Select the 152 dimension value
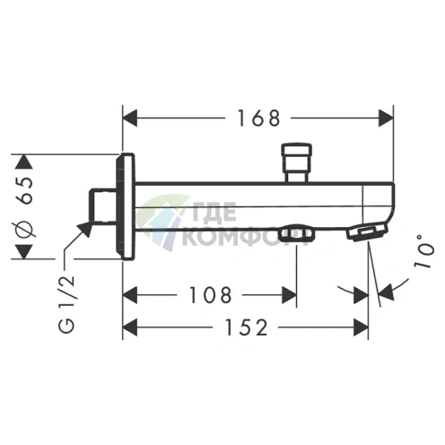point(241,327)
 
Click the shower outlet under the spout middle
point(294,235)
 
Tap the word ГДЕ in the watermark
point(213,215)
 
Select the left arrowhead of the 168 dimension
point(129,118)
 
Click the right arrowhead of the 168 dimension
point(387,118)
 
